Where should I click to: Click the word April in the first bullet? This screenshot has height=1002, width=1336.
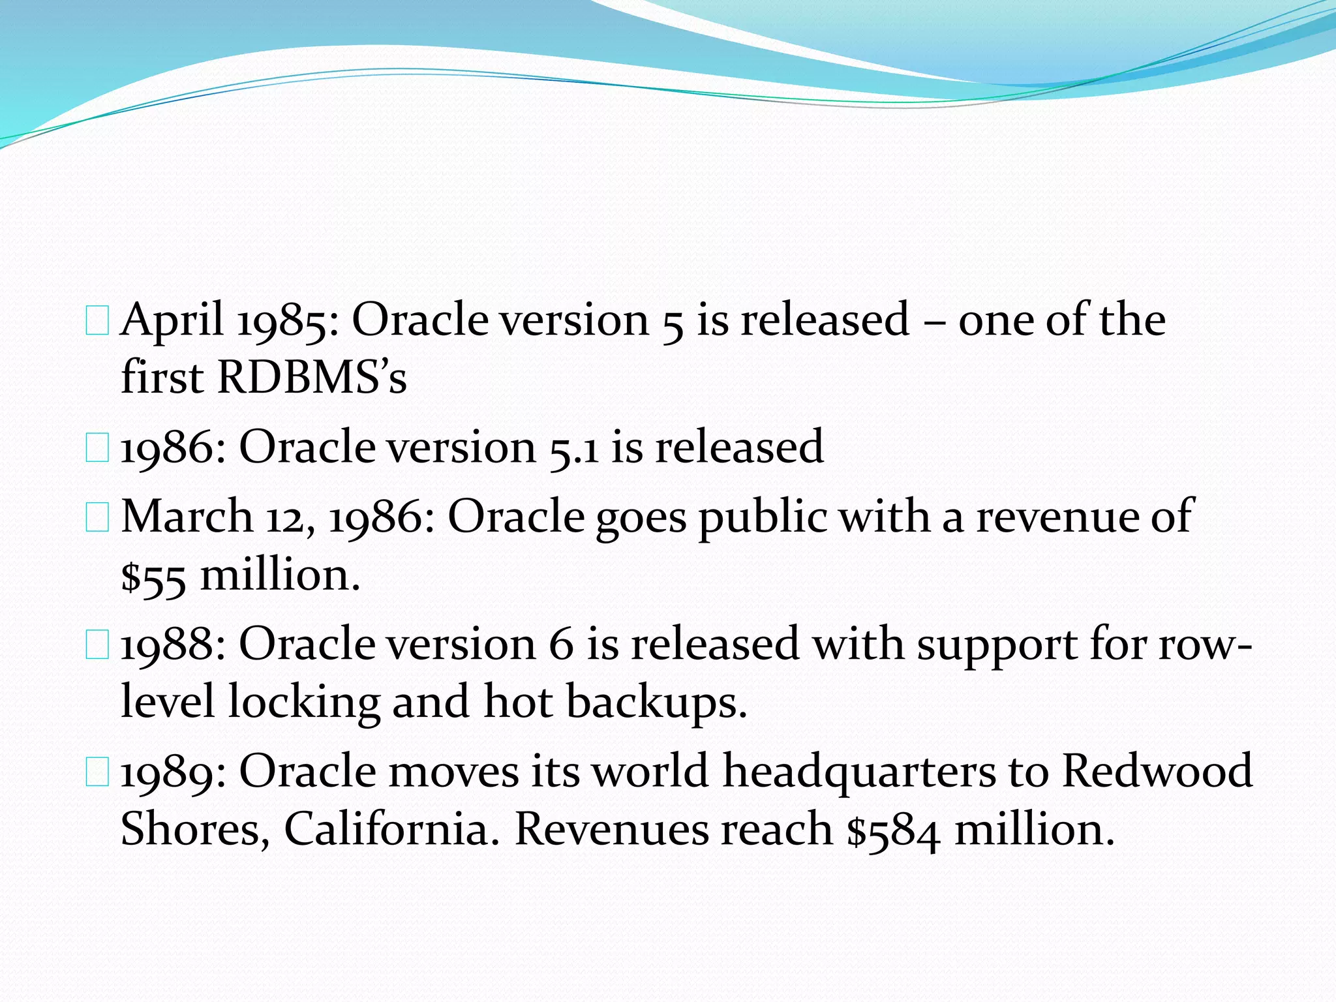(x=172, y=320)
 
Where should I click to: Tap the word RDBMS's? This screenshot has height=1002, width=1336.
(x=312, y=378)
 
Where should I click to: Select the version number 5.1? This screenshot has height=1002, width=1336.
(x=574, y=448)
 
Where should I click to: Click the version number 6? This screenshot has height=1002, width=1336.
(x=561, y=645)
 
